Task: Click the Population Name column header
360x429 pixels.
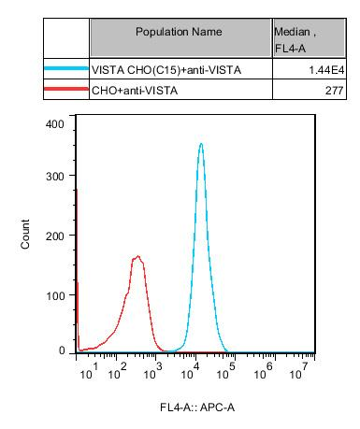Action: coord(179,32)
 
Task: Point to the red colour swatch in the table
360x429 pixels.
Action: coord(65,90)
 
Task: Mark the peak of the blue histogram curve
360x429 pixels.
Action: coord(201,144)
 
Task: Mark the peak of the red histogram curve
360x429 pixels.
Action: coord(137,256)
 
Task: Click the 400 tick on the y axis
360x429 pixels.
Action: coord(55,123)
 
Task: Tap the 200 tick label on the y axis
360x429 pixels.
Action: coord(55,237)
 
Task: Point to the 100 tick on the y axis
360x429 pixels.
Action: coord(55,294)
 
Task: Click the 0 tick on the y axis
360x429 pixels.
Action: coord(62,351)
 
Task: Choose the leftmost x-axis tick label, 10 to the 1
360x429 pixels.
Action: coord(86,373)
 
